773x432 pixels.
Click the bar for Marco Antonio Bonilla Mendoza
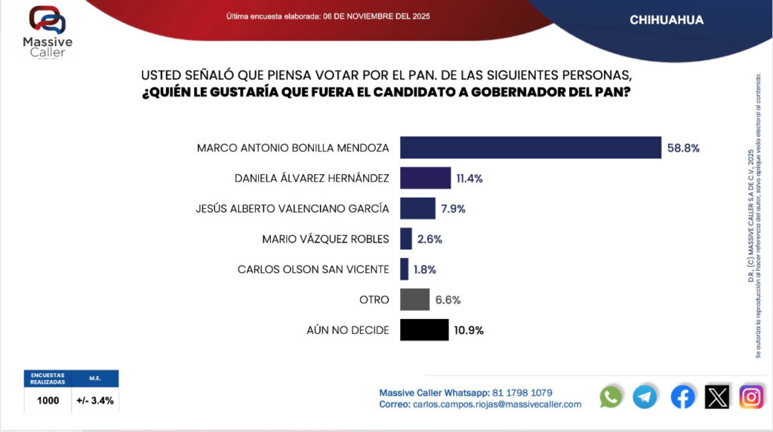pyautogui.click(x=530, y=148)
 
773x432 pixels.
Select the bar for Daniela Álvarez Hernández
pyautogui.click(x=425, y=179)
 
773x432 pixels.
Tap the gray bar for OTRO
pyautogui.click(x=414, y=299)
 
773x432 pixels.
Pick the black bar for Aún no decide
pyautogui.click(x=424, y=329)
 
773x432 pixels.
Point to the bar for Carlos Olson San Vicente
pyautogui.click(x=405, y=269)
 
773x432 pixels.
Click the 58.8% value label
pyautogui.click(x=683, y=149)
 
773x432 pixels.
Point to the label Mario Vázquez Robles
pyautogui.click(x=325, y=239)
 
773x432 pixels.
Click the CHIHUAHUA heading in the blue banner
pyautogui.click(x=667, y=20)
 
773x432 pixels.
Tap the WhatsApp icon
pyautogui.click(x=611, y=397)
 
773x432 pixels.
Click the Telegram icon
pyautogui.click(x=645, y=397)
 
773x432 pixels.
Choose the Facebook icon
pyautogui.click(x=682, y=397)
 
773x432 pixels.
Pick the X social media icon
pyautogui.click(x=717, y=397)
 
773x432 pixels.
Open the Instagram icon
pyautogui.click(x=751, y=397)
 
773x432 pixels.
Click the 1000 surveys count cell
pyautogui.click(x=48, y=400)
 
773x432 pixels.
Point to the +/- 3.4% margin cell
pyautogui.click(x=95, y=400)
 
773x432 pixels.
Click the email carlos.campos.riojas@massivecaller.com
pyautogui.click(x=496, y=405)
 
